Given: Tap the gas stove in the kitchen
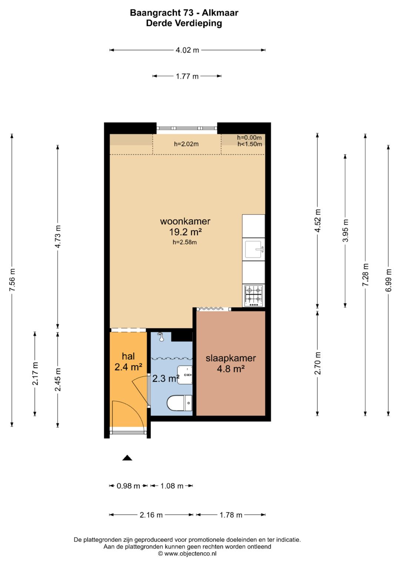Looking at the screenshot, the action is coord(254,296).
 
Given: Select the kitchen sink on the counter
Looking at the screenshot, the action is coord(254,249).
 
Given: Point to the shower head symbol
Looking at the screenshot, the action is coord(161,337).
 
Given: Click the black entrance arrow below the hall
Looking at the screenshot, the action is coord(127,458).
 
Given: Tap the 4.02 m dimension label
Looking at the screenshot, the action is coord(187,50).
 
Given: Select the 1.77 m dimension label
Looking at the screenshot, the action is coord(187,76).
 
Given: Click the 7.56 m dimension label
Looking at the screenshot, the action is coord(12,280).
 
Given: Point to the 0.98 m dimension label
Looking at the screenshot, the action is coord(128,486).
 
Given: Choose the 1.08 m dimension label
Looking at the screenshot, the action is coord(172,486).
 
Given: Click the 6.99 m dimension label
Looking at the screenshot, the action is coord(389,280).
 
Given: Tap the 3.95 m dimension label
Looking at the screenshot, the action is coord(346,231).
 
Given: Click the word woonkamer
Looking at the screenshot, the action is coord(185,221).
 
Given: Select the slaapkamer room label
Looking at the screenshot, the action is coord(231,358).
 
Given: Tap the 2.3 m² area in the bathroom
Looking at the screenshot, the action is coord(166,378).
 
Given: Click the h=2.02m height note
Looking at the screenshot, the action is coord(186,144).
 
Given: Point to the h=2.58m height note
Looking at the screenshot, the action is coord(185,242).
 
